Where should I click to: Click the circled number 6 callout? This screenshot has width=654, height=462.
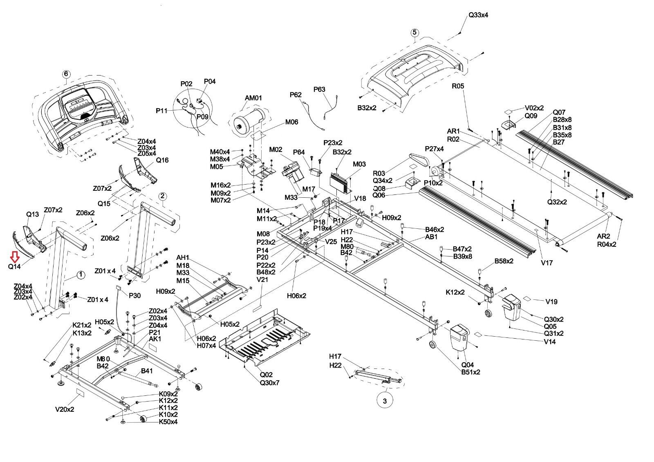66,74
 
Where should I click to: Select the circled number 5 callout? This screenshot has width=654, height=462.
414,32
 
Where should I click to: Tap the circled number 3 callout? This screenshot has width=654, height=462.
384,401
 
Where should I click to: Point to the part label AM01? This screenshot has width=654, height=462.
253,98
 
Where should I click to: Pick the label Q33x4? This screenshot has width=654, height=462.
478,15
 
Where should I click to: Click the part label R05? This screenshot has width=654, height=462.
458,86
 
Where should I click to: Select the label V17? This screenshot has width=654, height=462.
547,263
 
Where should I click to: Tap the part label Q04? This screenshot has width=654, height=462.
468,365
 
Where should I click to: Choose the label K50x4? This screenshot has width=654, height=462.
168,422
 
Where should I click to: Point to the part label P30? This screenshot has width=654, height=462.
135,295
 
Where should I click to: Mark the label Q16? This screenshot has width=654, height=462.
162,160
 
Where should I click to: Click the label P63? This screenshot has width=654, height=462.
319,89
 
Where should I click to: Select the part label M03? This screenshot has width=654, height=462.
359,164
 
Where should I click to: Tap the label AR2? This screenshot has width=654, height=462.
604,237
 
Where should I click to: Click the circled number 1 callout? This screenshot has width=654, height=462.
81,275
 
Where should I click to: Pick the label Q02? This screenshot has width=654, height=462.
266,375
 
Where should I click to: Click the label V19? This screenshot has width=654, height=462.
551,302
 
